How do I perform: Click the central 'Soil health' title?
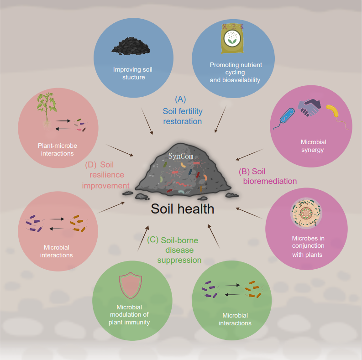pyautogui.click(x=183, y=209)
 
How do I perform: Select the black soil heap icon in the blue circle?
pyautogui.click(x=130, y=46)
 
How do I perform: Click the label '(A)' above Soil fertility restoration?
pyautogui.click(x=181, y=99)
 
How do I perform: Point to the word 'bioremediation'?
pyautogui.click(x=270, y=181)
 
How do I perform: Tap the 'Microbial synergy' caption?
pyautogui.click(x=313, y=146)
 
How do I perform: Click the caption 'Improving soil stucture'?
pyautogui.click(x=133, y=73)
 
